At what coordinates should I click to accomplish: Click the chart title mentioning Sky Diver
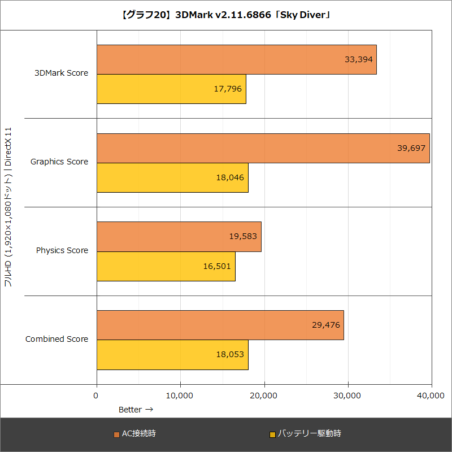[x=226, y=15]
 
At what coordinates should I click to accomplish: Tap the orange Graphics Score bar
[x=263, y=148]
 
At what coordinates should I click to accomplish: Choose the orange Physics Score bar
[x=179, y=237]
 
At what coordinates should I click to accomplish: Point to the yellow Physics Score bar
[x=166, y=266]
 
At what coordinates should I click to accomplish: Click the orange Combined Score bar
[x=220, y=325]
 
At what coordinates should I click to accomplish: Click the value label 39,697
[x=411, y=148]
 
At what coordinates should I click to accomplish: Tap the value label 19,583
[x=243, y=237]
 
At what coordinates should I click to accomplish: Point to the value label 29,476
[x=325, y=325]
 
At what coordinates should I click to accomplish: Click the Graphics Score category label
[x=59, y=162]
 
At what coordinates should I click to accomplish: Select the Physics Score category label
[x=62, y=250]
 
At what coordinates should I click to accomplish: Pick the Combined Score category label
[x=57, y=339]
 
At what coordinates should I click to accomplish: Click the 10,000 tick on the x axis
[x=180, y=396]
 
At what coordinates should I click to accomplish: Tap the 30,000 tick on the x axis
[x=348, y=396]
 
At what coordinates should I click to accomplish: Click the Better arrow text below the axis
[x=136, y=409]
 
